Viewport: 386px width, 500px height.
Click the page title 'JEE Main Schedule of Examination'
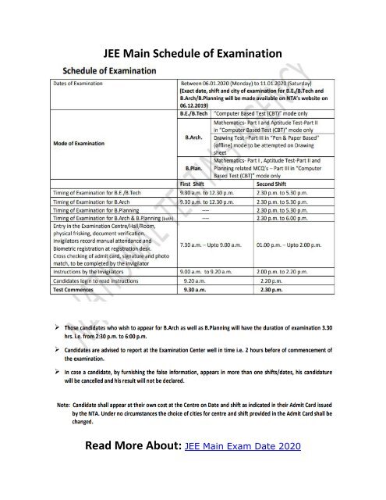coord(192,54)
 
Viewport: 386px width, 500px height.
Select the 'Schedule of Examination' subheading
coord(118,70)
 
